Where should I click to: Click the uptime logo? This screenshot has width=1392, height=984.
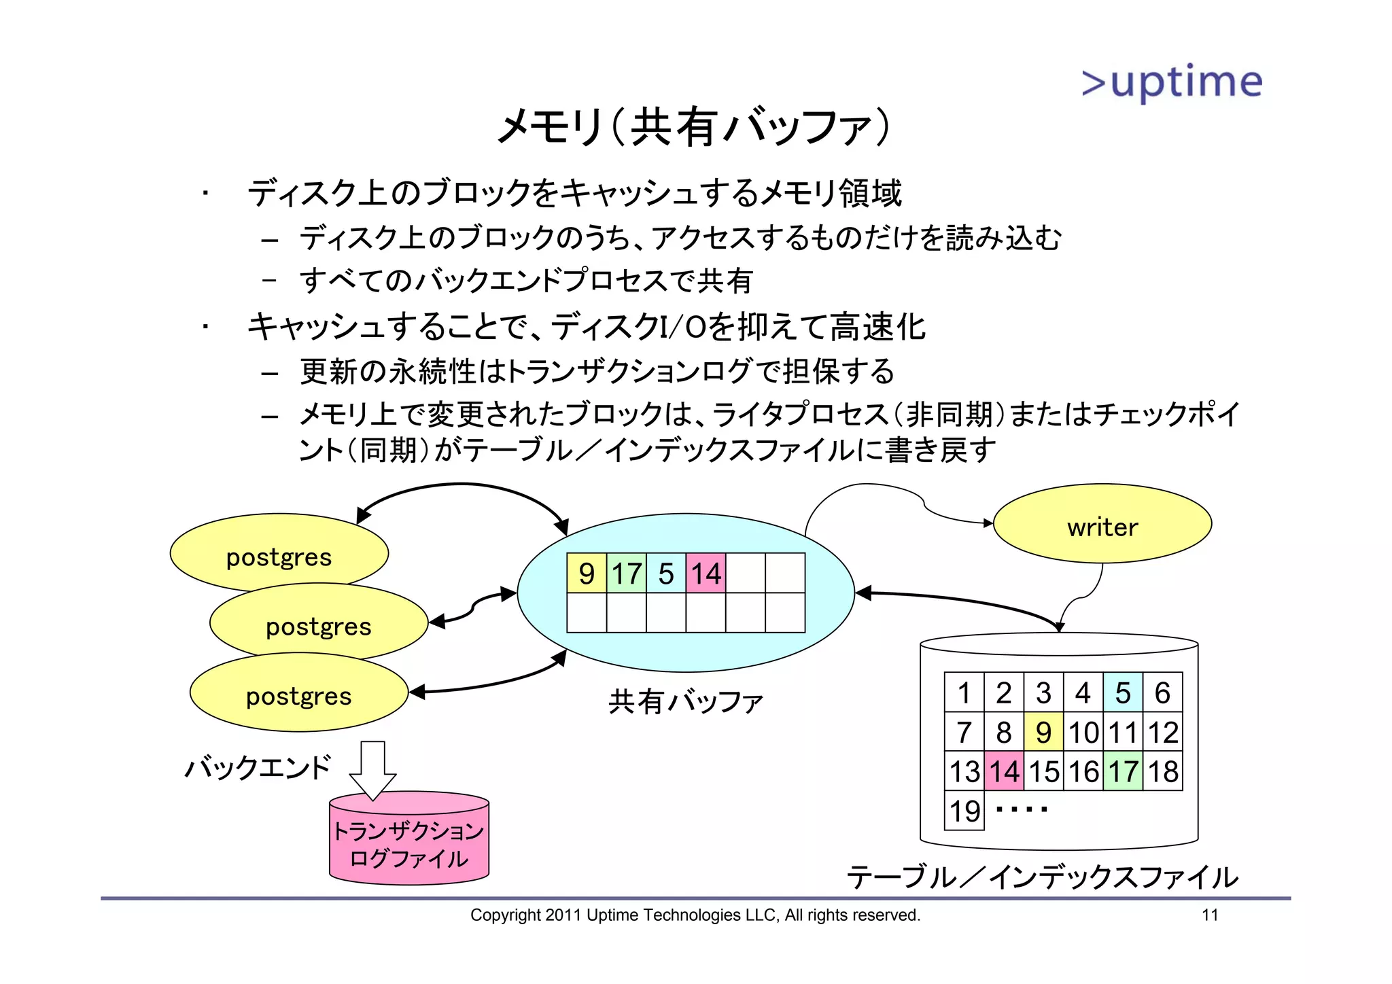tap(1172, 83)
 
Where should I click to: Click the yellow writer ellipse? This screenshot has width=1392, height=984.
tap(1102, 524)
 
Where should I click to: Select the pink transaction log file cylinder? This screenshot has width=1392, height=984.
tap(408, 841)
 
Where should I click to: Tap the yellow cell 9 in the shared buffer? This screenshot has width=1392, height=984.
tap(587, 574)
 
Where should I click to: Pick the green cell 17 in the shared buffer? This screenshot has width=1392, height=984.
tap(626, 574)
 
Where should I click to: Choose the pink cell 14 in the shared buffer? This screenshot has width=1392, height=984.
tap(706, 574)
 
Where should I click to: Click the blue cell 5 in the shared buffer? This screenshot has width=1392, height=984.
tap(666, 574)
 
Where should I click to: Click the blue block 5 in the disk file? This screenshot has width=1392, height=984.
tap(1123, 692)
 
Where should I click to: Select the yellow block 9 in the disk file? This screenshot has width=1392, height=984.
tap(1043, 732)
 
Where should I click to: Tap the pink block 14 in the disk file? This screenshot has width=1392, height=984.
tap(1004, 771)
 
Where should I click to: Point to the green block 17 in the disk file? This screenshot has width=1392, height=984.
tap(1123, 771)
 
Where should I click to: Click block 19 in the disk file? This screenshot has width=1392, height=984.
tap(964, 811)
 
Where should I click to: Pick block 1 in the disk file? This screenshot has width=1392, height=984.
tap(964, 692)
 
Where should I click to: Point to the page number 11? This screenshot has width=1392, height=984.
tap(1210, 915)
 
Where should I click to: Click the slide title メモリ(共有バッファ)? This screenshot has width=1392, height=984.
tap(693, 126)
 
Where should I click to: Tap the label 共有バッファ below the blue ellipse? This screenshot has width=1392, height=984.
tap(685, 701)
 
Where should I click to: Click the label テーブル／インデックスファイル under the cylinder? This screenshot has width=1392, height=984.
tap(1043, 877)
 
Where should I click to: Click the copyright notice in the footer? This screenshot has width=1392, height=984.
tap(695, 915)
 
